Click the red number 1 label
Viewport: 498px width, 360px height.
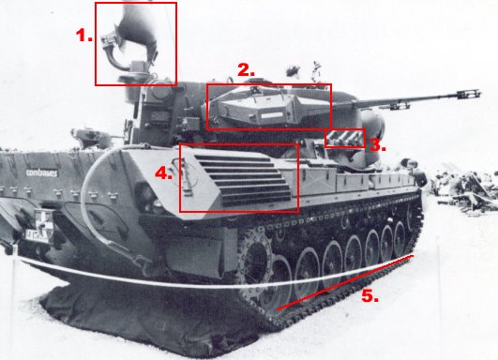click(84, 35)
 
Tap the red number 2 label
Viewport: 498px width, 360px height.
click(246, 69)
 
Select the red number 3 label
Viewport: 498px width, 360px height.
click(375, 145)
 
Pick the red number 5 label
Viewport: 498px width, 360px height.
click(370, 295)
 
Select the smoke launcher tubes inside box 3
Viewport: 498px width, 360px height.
click(344, 140)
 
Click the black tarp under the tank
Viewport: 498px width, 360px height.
click(122, 323)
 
